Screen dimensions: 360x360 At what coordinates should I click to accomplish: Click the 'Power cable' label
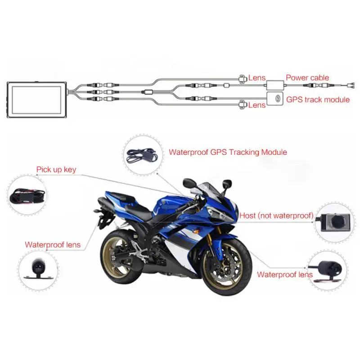coord(307,77)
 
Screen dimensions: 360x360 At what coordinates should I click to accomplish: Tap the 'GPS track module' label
coord(318,99)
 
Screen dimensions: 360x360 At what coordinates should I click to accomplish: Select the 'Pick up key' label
coord(56,170)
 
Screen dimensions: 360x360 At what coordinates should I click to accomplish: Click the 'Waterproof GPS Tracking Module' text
coord(228,152)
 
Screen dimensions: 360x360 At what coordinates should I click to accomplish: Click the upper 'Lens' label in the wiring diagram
coord(257,78)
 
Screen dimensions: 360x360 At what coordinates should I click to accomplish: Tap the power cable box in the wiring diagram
coord(275,85)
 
